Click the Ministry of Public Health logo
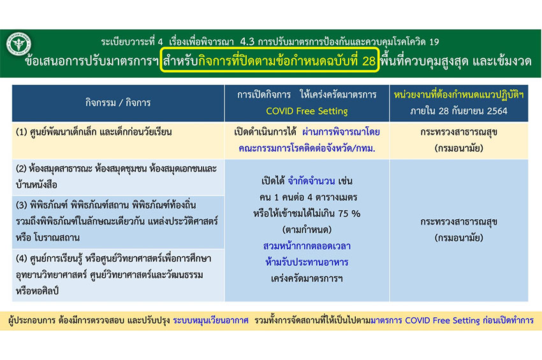pos(18,44)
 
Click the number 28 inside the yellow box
pos(369,61)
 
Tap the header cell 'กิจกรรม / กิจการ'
pos(118,103)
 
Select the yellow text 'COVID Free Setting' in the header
pos(307,111)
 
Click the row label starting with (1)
pos(94,132)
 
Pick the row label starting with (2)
pos(116,176)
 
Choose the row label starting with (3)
pos(117,221)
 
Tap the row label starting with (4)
pos(114,275)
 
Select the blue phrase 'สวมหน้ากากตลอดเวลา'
pos(307,246)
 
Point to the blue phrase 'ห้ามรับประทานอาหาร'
pos(307,263)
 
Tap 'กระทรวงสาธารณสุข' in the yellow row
pos(458,132)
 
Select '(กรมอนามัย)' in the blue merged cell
pos(458,238)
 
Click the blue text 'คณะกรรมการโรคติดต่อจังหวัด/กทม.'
pos(307,148)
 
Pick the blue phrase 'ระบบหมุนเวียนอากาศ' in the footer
pos(210,320)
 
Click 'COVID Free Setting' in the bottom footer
pos(442,320)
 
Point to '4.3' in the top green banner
pos(247,42)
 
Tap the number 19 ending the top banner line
pos(434,42)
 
